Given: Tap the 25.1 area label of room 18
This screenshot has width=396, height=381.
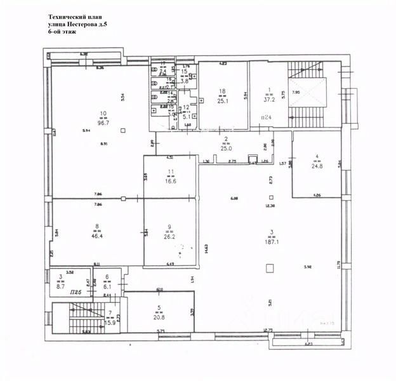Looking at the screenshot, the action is click(x=222, y=100).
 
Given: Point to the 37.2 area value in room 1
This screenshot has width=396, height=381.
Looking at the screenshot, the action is click(x=270, y=100).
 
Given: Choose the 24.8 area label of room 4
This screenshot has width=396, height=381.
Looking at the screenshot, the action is click(x=315, y=166).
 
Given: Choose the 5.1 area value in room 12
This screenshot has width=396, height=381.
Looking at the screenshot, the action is click(x=186, y=116).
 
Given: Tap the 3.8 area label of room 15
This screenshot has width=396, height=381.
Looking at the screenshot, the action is click(x=185, y=81).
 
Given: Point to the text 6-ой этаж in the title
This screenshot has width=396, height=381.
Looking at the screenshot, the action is click(x=63, y=32).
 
